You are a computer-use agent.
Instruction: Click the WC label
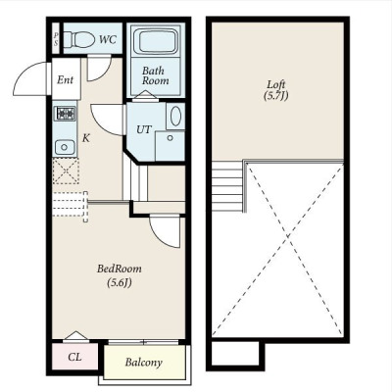108,39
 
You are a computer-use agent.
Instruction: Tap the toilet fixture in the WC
78,39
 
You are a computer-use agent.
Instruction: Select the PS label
56,38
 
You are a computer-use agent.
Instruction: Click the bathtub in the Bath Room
157,41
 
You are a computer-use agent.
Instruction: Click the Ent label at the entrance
65,79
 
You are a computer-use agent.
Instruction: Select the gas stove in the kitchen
66,114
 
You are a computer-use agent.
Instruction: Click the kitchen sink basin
65,147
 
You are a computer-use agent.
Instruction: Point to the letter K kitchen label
85,138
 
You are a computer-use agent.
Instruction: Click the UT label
144,129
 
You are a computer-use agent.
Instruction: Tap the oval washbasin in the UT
175,117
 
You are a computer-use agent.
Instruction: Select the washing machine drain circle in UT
170,138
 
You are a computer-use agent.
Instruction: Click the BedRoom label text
120,269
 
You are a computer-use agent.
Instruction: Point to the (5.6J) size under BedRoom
120,283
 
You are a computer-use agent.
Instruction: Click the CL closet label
74,357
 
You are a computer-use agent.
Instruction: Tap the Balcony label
144,363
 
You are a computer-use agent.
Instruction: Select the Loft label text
276,84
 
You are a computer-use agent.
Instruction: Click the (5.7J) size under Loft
276,96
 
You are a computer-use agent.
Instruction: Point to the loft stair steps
227,185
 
